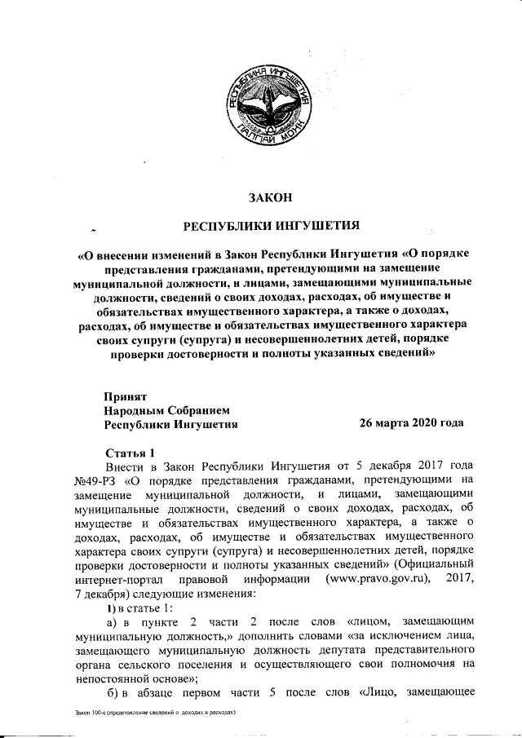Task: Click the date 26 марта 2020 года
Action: click(411, 423)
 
